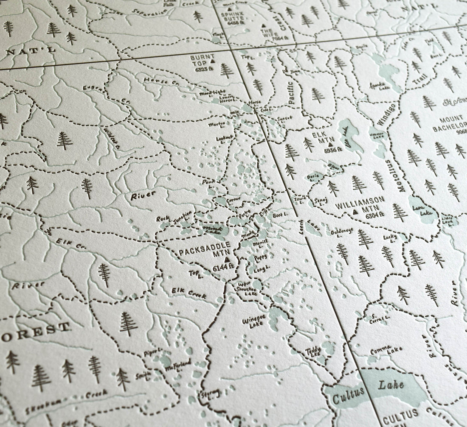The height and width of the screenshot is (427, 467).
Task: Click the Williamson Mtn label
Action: (360, 204)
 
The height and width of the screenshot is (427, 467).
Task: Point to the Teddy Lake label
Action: (315, 352)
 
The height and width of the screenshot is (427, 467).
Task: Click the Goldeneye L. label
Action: (342, 232)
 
